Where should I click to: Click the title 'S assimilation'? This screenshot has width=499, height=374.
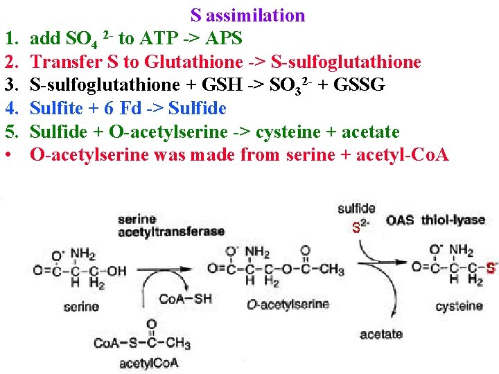click(248, 15)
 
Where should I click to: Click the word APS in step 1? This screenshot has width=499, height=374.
click(223, 38)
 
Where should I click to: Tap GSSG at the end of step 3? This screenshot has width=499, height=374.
click(359, 84)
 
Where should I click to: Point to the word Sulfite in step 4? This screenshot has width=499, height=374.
click(56, 108)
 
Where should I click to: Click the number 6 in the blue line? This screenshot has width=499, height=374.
click(109, 109)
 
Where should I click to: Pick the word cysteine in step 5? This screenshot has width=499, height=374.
click(288, 132)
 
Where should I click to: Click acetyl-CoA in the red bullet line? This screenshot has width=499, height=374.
click(403, 155)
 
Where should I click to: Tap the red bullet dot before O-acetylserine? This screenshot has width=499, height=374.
click(8, 155)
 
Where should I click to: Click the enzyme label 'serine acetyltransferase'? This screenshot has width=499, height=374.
click(171, 226)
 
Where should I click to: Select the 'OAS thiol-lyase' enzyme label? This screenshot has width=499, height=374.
click(436, 220)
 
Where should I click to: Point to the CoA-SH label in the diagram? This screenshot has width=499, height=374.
click(185, 299)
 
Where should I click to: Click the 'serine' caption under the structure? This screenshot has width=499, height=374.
click(82, 307)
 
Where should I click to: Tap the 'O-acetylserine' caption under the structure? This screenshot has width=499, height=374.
click(288, 304)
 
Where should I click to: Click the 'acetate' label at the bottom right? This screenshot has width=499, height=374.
click(381, 335)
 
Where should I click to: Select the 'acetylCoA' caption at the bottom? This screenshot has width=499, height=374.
click(148, 363)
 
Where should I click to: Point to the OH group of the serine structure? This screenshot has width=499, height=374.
click(117, 271)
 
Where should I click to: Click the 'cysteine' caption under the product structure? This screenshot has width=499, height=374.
click(459, 306)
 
